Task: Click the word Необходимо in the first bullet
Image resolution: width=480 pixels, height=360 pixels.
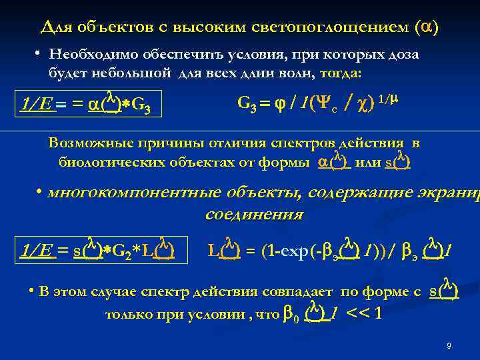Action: coord(94,55)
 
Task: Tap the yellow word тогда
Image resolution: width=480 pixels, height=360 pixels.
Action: coord(340,71)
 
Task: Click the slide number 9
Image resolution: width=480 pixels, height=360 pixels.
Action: coord(449,346)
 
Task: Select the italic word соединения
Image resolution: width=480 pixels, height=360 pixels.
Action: coord(253,215)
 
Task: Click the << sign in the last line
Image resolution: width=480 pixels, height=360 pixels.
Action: coord(355,314)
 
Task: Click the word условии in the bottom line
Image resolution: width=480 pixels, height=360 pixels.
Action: coord(220,314)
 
